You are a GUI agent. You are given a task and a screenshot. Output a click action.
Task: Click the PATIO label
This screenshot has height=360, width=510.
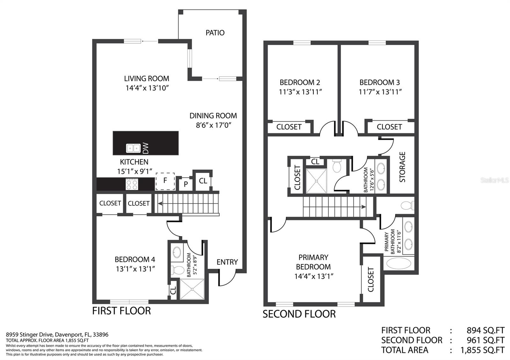pyautogui.click(x=215, y=33)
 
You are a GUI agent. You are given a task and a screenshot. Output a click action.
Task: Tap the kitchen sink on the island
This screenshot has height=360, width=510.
pyautogui.click(x=133, y=148)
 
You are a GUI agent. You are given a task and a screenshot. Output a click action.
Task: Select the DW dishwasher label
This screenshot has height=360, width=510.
pyautogui.click(x=145, y=148)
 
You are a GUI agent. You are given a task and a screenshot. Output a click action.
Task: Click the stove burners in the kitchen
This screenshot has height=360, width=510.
pyautogui.click(x=132, y=184)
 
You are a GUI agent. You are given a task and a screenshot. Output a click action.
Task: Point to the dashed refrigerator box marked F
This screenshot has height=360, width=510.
pyautogui.click(x=165, y=181)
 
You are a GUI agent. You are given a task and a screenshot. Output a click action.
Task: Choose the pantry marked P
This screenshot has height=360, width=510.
pyautogui.click(x=186, y=184)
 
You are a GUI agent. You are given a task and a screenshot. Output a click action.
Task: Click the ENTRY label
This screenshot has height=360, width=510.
pyautogui.click(x=227, y=262)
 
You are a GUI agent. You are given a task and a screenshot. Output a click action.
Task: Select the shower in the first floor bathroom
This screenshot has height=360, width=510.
pyautogui.click(x=192, y=289)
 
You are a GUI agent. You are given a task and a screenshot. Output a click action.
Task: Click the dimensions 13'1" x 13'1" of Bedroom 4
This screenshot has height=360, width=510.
pyautogui.click(x=135, y=269)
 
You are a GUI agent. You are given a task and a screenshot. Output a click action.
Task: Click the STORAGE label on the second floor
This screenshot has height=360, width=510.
pyautogui.click(x=402, y=167)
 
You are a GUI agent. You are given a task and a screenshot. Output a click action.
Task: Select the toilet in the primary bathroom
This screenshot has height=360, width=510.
pyautogui.click(x=407, y=205)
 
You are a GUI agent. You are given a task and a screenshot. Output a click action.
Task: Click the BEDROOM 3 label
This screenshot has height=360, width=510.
pyautogui.click(x=380, y=82)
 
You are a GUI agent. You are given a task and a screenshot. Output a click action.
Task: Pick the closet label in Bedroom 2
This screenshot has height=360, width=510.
pyautogui.click(x=289, y=127)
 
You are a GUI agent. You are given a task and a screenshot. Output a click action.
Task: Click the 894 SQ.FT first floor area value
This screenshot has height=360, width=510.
pyautogui.click(x=485, y=330)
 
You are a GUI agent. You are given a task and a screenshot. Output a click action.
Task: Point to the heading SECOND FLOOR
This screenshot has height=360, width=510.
pyautogui.click(x=299, y=314)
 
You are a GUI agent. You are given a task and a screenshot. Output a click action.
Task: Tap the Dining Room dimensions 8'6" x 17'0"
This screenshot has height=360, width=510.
pyautogui.click(x=214, y=125)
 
